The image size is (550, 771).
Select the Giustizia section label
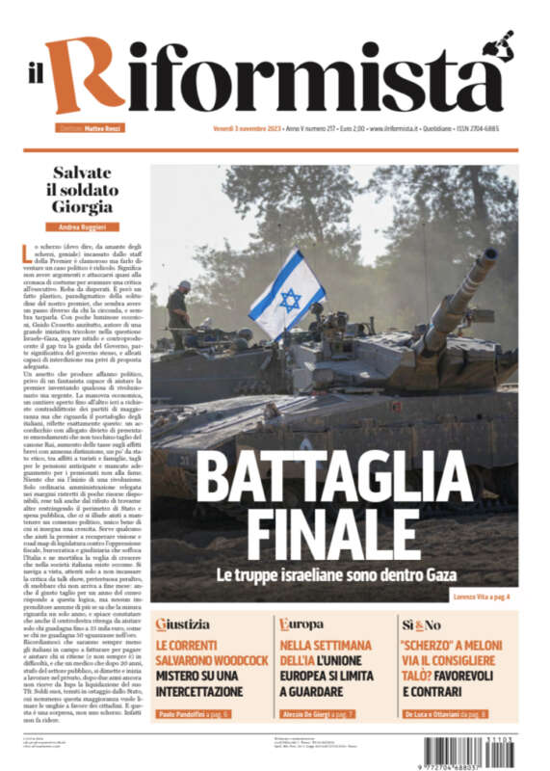(182, 625)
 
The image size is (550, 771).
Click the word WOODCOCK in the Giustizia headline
(232, 659)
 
